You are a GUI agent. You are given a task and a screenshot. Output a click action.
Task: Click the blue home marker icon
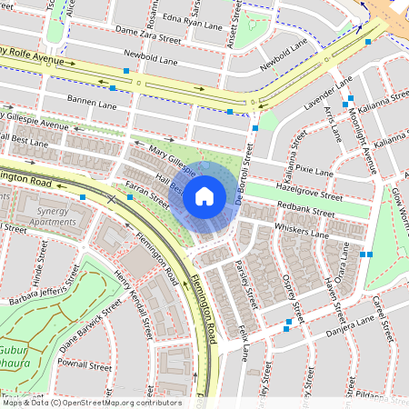tap(204, 195)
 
